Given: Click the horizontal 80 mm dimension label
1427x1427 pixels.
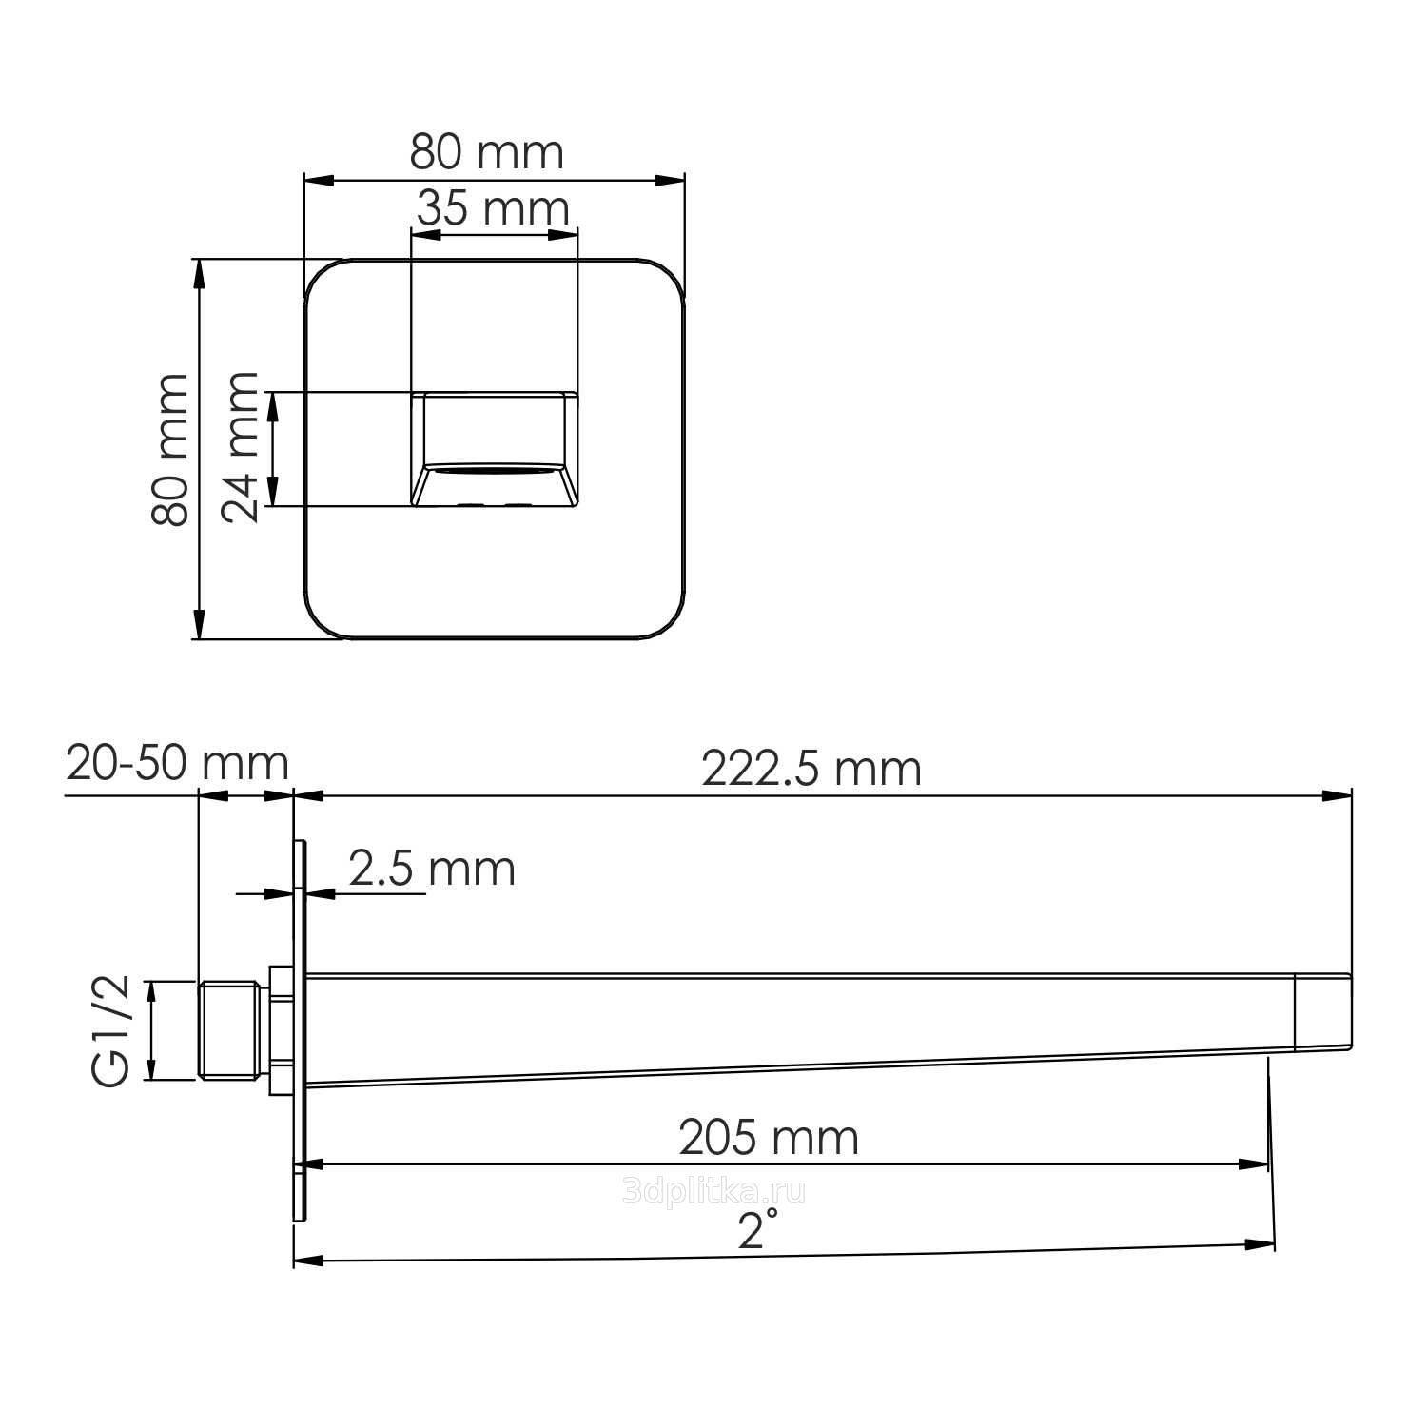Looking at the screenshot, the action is pyautogui.click(x=487, y=151).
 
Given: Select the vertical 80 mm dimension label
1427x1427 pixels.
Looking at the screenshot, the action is pyautogui.click(x=171, y=449).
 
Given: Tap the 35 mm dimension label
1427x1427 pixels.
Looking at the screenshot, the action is pyautogui.click(x=493, y=208).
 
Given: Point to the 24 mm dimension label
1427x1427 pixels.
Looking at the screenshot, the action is pyautogui.click(x=240, y=446).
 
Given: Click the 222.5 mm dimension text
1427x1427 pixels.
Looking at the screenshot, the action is pyautogui.click(x=811, y=769).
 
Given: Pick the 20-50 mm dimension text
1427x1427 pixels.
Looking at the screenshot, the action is pyautogui.click(x=177, y=763).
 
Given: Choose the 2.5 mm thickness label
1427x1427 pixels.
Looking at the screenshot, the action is pyautogui.click(x=432, y=869).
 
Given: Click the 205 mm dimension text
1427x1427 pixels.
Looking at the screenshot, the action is pyautogui.click(x=769, y=1138).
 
